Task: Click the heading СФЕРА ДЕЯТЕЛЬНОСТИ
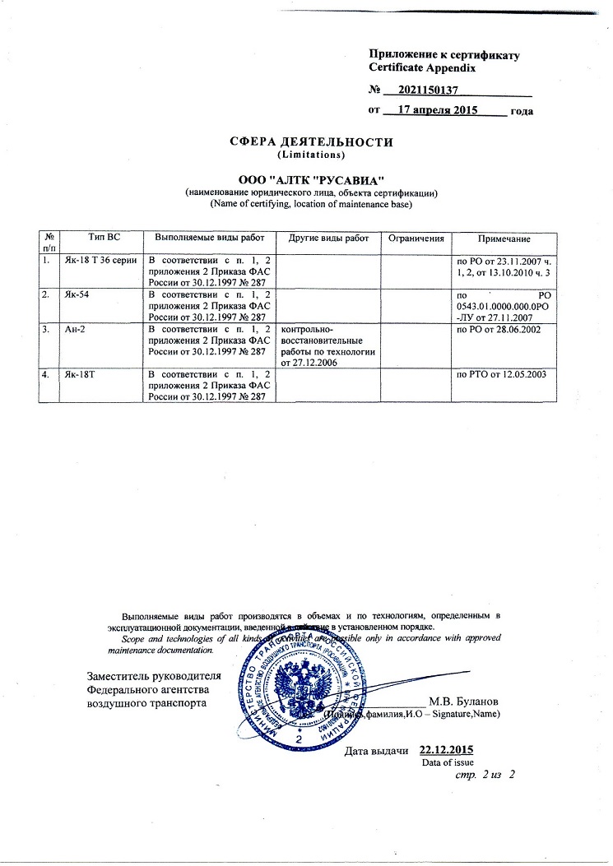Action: [311, 141]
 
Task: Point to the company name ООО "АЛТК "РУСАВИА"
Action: [311, 178]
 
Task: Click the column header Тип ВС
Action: [103, 238]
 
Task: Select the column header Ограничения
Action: [416, 238]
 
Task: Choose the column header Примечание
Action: [504, 238]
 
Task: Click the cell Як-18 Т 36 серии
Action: [100, 260]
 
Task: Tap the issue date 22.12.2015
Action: [446, 750]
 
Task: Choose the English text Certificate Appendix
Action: [422, 68]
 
